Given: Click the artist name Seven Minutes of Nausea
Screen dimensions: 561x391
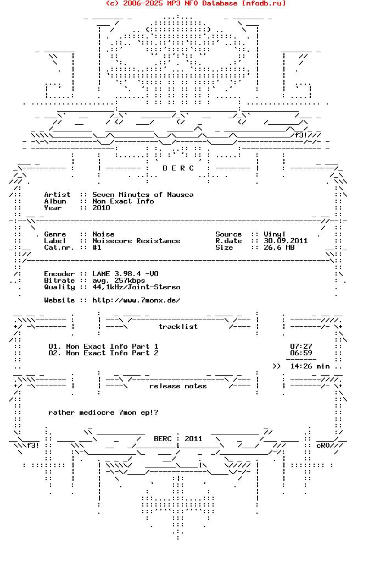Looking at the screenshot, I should pos(143,195).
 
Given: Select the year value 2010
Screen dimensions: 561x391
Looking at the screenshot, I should pos(101,208).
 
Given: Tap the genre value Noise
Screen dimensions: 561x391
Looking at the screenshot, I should pos(103,234).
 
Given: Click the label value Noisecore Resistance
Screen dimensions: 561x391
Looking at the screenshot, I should pos(136,241).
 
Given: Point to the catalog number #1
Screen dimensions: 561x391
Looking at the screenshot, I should pos(97,248).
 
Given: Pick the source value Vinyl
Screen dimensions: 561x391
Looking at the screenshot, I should pos(275,234).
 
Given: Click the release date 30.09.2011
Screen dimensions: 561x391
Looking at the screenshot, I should pos(286,241).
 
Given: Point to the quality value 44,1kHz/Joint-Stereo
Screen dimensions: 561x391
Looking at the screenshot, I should pos(136,287).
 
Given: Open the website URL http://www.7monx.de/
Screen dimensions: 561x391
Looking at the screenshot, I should pos(136,300).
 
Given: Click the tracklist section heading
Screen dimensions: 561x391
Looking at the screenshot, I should pos(178,327).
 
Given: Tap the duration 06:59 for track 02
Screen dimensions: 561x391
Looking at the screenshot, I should pos(301,353).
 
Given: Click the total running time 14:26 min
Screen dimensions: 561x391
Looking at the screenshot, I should pos(310,366).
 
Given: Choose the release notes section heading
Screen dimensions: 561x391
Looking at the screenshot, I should pos(178,386).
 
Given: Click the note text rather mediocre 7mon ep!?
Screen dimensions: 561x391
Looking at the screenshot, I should pos(103,413).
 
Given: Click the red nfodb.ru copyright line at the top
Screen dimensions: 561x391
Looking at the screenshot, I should pos(195,3).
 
